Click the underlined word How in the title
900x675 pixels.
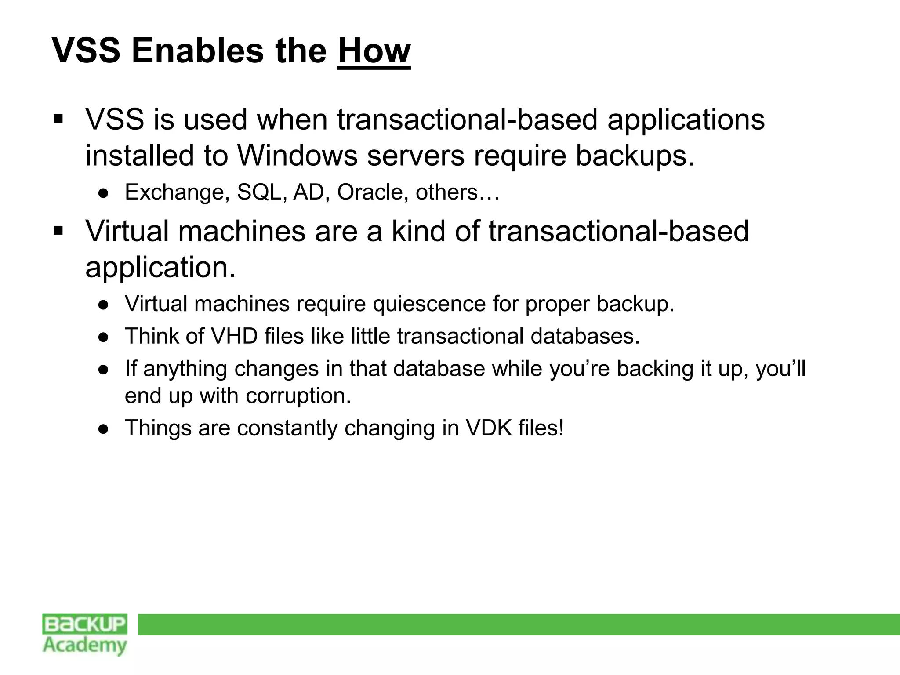click(x=374, y=51)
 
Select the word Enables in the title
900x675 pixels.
click(x=198, y=51)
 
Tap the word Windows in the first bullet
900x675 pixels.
click(x=298, y=156)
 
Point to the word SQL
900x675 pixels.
click(x=259, y=192)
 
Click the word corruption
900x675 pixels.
click(x=298, y=396)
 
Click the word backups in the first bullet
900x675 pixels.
click(x=635, y=156)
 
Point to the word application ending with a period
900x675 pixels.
click(x=160, y=267)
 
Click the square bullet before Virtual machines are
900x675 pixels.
click(x=58, y=230)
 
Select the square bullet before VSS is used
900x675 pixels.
click(x=58, y=119)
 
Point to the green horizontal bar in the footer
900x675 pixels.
click(x=519, y=624)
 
